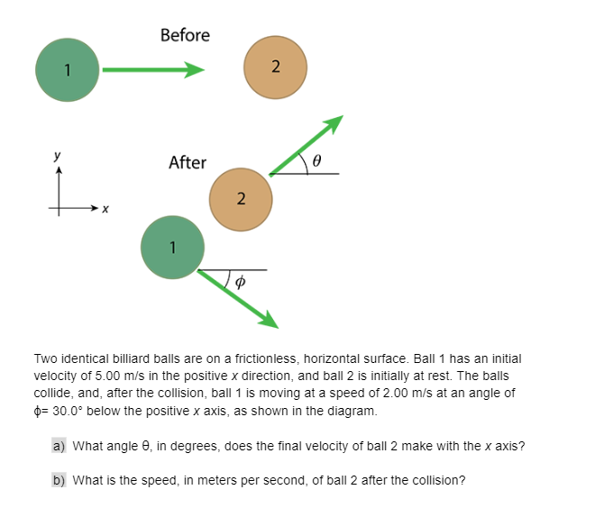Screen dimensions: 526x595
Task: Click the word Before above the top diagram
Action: tap(185, 35)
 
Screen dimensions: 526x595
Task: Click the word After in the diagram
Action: tap(188, 163)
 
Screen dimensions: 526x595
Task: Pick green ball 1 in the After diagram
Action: tap(172, 247)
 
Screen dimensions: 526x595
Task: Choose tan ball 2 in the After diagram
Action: tap(240, 198)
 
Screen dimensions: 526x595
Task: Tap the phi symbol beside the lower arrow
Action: tap(239, 281)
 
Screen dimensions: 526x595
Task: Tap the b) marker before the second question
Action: tap(59, 480)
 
